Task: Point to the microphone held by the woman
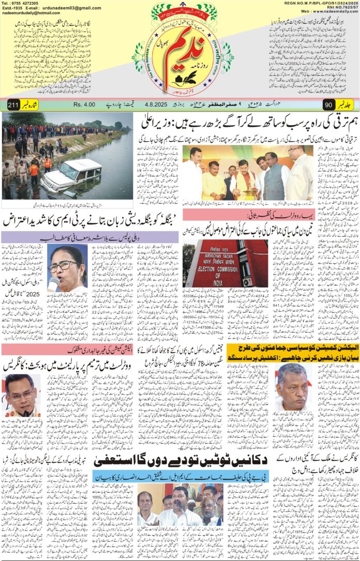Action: (x=53, y=283)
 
